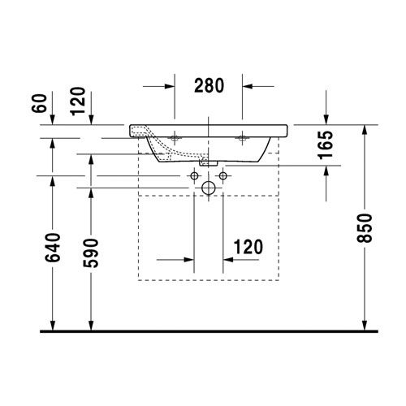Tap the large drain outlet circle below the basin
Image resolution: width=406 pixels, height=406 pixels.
208,189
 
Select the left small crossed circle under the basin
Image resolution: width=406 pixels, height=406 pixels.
194,175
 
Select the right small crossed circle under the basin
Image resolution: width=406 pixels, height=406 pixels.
222,175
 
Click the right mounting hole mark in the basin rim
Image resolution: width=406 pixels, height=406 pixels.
242,138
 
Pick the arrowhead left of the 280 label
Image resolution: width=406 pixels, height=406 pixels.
171,84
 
